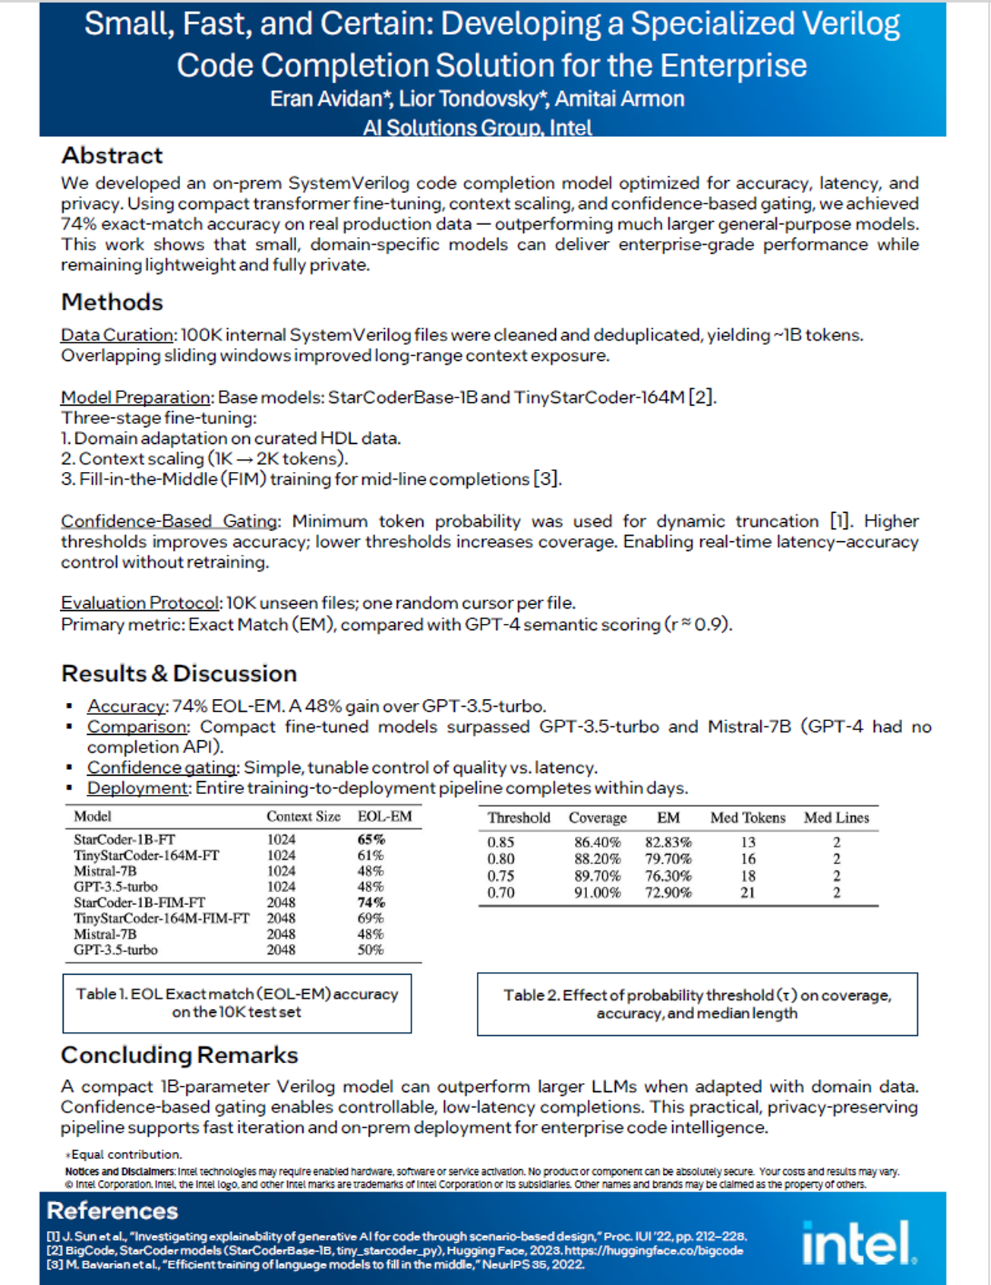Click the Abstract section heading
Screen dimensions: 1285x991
point(112,156)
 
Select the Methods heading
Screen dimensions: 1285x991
point(112,302)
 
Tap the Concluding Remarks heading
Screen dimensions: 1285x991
point(179,1055)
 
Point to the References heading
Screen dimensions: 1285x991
point(112,1211)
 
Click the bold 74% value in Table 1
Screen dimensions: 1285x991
point(371,903)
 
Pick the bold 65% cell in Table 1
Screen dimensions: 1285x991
point(371,840)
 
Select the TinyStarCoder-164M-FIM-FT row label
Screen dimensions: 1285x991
point(161,919)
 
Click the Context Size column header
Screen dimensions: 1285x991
point(303,817)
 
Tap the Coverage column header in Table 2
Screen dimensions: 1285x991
point(598,818)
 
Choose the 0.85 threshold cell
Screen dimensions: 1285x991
point(501,843)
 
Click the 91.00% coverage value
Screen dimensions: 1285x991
point(597,893)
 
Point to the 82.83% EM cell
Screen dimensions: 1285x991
point(668,843)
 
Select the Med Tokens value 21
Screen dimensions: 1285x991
point(748,893)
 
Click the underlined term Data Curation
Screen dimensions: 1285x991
point(117,335)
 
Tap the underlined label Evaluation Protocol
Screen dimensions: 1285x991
point(140,603)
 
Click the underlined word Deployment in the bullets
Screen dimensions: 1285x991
point(137,788)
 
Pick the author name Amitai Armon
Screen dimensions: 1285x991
point(620,100)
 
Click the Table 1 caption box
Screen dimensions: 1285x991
point(237,1003)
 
